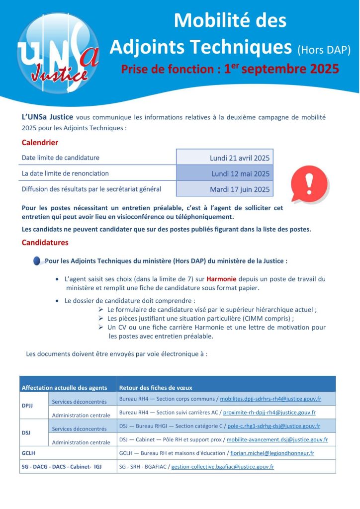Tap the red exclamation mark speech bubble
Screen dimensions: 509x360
point(309,183)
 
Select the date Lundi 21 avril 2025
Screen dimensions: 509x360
point(240,158)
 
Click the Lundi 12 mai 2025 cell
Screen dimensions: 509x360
point(240,173)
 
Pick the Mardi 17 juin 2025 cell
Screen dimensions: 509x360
point(240,189)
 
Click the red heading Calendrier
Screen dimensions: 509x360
point(40,143)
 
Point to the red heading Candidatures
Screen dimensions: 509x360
point(45,243)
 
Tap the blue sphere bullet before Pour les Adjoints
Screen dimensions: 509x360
point(38,261)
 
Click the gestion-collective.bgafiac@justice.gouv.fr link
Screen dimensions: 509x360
point(222,467)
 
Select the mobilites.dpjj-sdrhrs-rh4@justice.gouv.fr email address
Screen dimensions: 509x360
point(270,399)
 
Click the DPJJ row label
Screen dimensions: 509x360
point(28,406)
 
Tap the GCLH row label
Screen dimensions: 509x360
point(28,453)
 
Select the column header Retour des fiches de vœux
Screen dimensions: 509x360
point(156,388)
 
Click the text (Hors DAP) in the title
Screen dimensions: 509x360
point(324,49)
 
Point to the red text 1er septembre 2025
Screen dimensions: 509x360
point(281,68)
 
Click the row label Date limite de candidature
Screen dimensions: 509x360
point(60,158)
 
